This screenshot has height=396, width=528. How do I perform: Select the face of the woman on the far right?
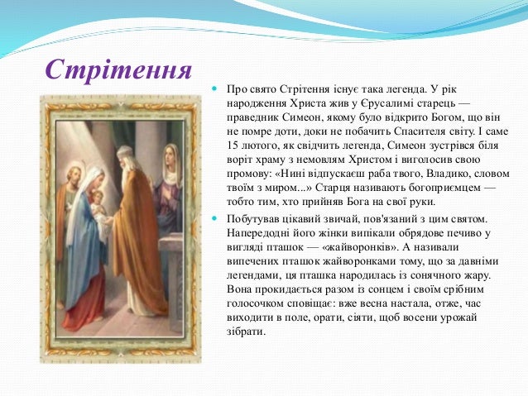click(171, 155)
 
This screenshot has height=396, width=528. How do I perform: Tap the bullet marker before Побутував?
click(214, 218)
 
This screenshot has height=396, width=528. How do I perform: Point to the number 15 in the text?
click(232, 146)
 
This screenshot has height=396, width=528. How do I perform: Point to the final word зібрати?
click(247, 332)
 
